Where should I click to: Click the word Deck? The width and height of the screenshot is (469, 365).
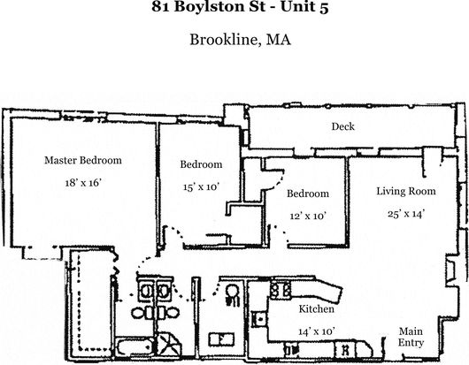click(x=342, y=126)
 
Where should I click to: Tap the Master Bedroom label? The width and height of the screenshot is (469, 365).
click(x=83, y=160)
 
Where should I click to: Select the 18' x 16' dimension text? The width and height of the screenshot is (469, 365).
click(x=83, y=182)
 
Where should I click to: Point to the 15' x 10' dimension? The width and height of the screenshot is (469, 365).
click(x=201, y=187)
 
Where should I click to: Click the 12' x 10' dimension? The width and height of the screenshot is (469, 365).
click(x=308, y=216)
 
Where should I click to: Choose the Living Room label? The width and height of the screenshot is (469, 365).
click(x=406, y=191)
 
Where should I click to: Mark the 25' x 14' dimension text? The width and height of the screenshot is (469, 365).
click(x=406, y=214)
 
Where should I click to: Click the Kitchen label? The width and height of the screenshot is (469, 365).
click(x=317, y=308)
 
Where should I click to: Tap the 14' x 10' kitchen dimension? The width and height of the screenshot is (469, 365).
click(x=317, y=331)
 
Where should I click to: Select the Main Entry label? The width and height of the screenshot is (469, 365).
click(x=411, y=337)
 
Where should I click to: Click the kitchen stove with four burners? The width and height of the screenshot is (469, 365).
click(x=281, y=288)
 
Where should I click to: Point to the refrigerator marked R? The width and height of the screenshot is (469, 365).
click(x=345, y=349)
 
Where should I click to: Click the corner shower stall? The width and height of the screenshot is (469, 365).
click(x=169, y=345)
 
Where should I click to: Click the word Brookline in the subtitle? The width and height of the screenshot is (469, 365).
click(x=224, y=40)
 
